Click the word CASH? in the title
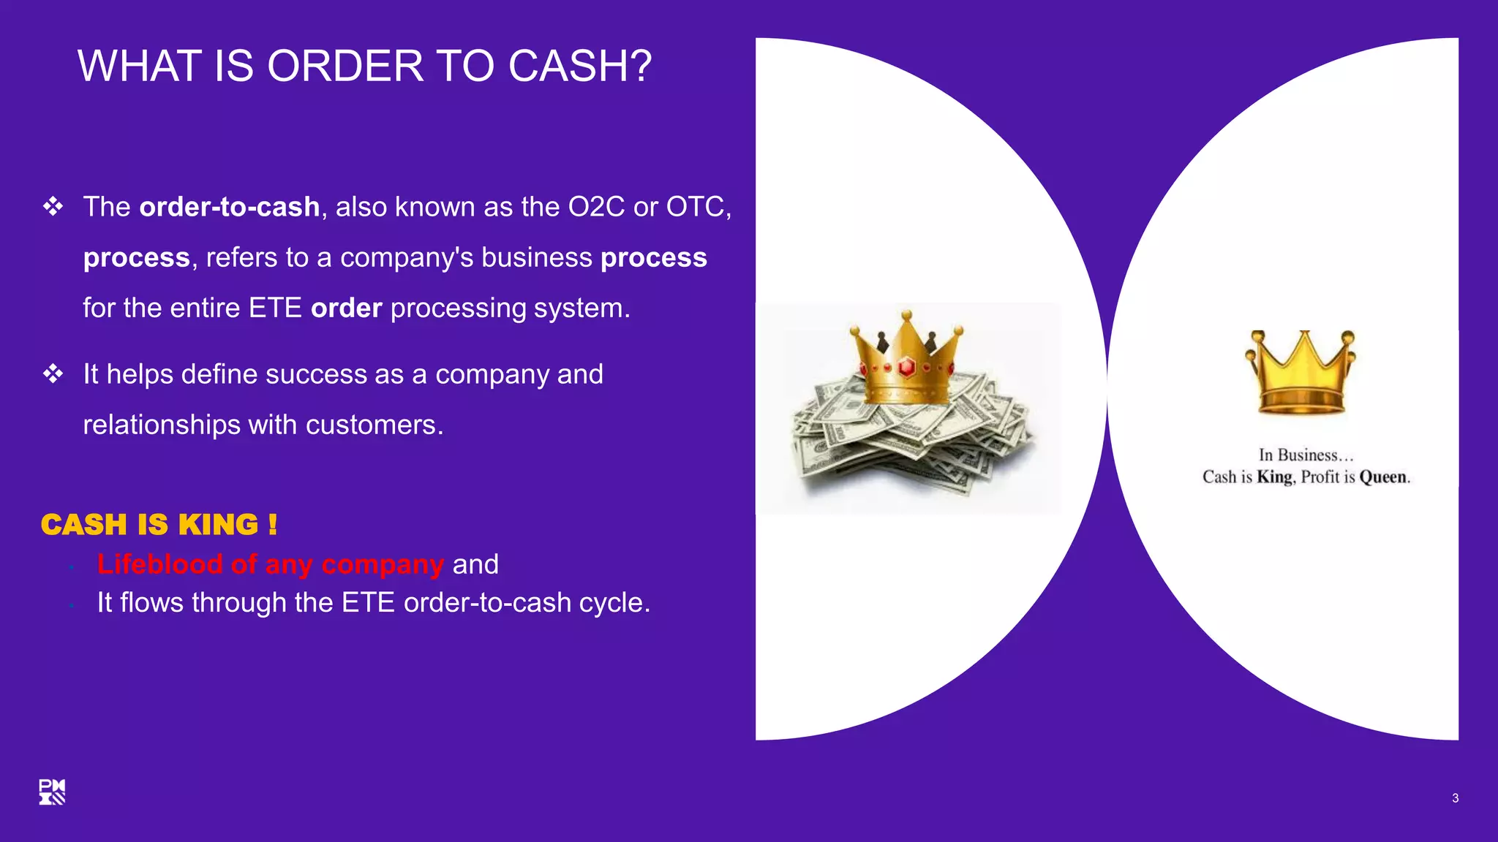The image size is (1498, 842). [579, 66]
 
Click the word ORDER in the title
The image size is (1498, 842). [345, 66]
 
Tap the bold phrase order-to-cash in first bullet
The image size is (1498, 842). [229, 207]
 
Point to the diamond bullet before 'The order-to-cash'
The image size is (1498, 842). [53, 207]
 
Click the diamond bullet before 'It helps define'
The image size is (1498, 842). [53, 374]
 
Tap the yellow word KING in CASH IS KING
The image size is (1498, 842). [218, 525]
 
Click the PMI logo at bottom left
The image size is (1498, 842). [52, 792]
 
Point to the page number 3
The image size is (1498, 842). [1455, 798]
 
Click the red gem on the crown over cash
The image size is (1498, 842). [907, 367]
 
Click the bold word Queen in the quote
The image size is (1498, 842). [1382, 477]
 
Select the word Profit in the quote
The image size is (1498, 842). [1320, 477]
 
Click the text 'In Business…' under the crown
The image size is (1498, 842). [1306, 455]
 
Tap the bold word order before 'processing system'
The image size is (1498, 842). [346, 308]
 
